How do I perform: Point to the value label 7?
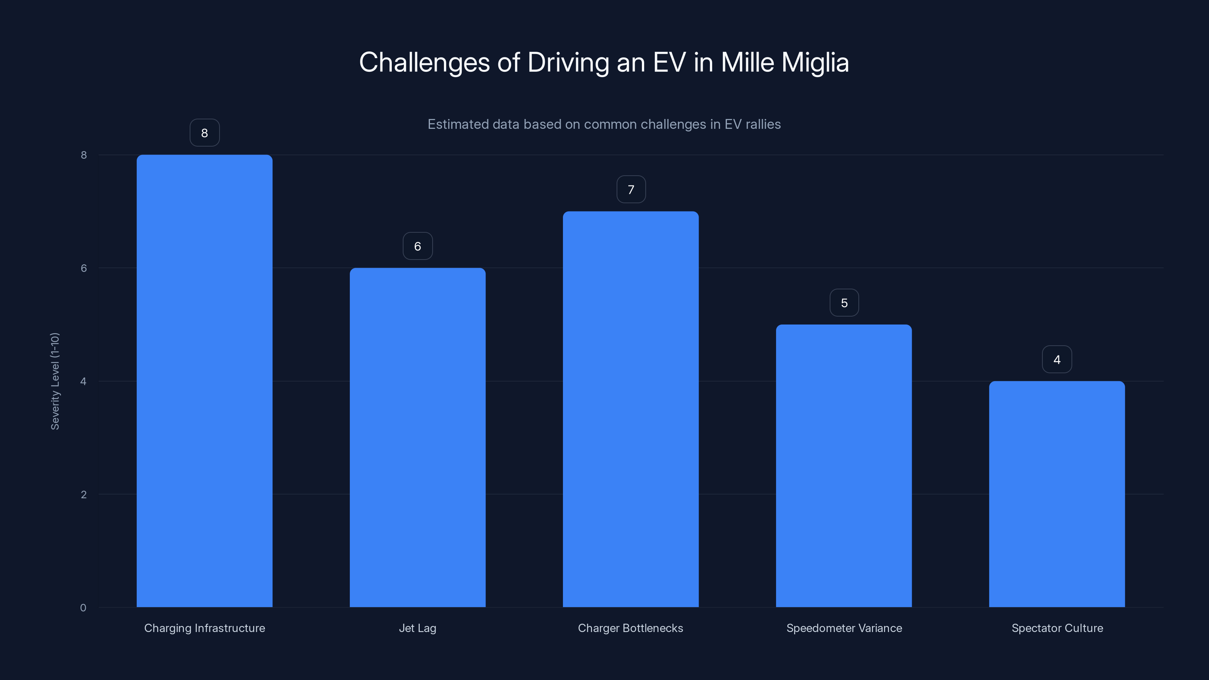click(631, 190)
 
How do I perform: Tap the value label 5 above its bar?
click(844, 303)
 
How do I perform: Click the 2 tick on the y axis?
click(83, 494)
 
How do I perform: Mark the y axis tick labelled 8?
click(83, 155)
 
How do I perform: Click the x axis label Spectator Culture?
click(1057, 628)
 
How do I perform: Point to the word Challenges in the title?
click(424, 62)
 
